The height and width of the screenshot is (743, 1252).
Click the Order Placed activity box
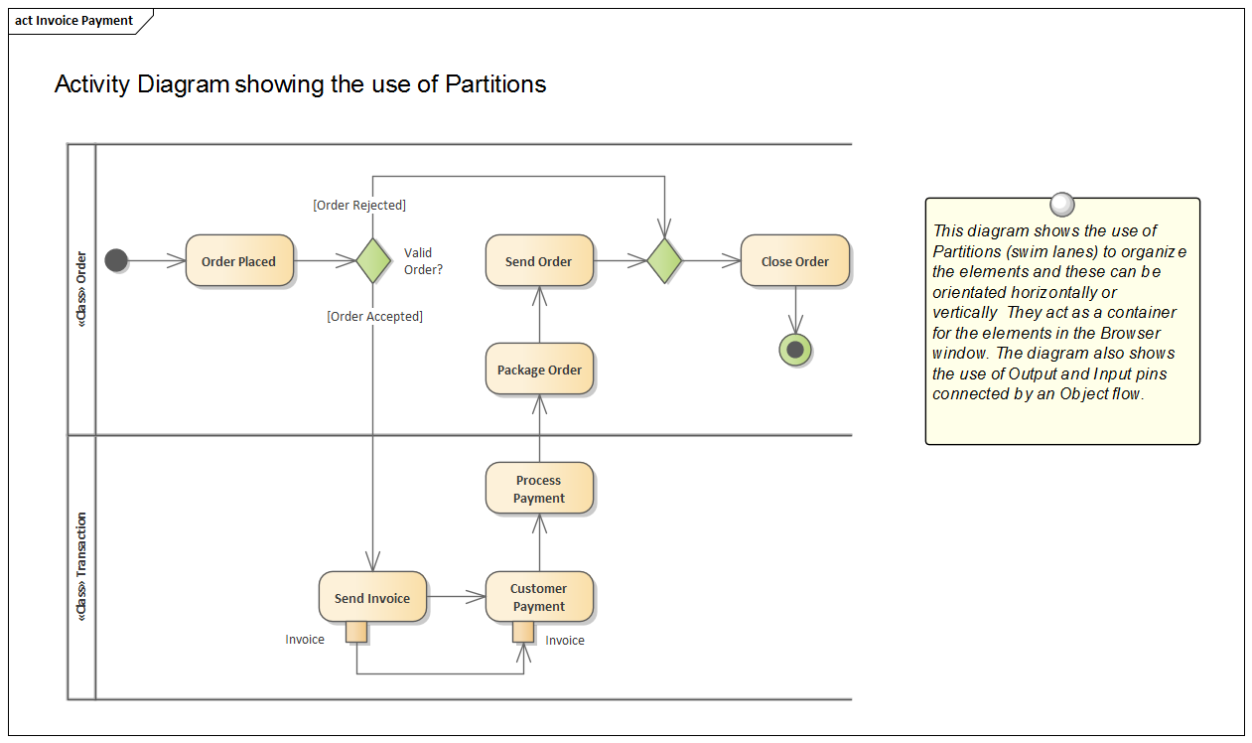pos(239,261)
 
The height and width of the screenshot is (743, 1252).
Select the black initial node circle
pos(116,261)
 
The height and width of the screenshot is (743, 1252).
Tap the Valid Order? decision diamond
pos(373,261)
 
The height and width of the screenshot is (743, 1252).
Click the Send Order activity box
pos(539,261)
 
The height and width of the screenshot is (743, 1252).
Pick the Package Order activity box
pos(539,370)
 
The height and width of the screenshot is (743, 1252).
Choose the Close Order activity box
pos(794,261)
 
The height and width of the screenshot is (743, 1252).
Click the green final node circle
pos(795,350)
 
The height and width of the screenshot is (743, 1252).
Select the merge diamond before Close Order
pos(664,261)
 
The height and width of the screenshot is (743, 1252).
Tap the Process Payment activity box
pos(539,489)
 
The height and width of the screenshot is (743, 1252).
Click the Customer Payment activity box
pos(539,597)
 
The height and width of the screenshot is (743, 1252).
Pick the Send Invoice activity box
pos(372,598)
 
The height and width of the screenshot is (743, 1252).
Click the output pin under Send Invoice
pos(356,633)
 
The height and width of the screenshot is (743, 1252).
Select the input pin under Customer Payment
pos(523,633)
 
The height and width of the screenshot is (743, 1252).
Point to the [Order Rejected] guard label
pos(359,206)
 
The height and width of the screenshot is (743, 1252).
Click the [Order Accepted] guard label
pos(374,317)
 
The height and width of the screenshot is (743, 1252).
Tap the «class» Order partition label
pos(81,289)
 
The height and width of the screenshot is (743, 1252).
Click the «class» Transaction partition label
pos(81,567)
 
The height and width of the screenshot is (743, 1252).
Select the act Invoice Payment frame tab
pos(75,21)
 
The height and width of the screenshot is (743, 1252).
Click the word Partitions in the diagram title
pos(495,84)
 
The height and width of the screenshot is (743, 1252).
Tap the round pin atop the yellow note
pos(1062,205)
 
